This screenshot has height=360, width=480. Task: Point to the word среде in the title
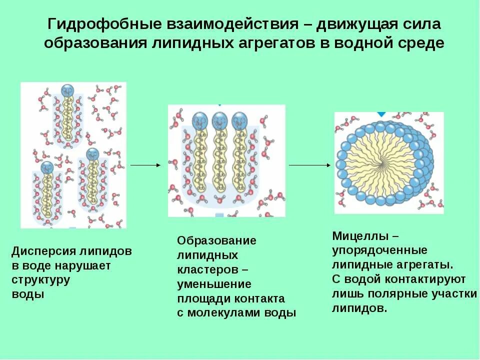423,43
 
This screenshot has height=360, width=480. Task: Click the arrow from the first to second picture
145,164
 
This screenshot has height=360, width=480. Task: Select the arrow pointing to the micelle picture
309,164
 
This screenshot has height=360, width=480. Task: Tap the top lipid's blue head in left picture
67,90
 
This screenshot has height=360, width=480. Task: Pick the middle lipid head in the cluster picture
219,120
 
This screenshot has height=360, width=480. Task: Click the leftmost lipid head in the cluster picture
200,120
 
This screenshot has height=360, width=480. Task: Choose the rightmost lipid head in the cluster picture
239,120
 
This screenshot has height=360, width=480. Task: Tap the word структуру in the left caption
40,279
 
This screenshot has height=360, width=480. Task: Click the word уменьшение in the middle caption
214,284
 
